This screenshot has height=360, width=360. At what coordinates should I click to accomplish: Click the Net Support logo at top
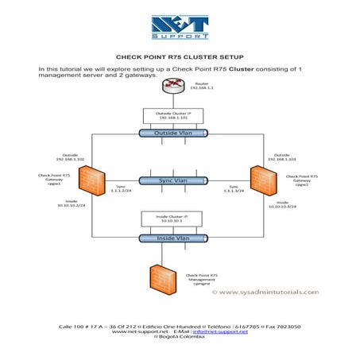pyautogui.click(x=180, y=27)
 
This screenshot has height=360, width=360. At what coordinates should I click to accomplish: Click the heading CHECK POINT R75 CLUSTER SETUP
pyautogui.click(x=180, y=57)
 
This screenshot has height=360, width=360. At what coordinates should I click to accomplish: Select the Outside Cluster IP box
pyautogui.click(x=179, y=115)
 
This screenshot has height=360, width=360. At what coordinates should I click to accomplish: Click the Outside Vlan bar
pyautogui.click(x=179, y=133)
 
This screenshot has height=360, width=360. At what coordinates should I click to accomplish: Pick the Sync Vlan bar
pyautogui.click(x=179, y=180)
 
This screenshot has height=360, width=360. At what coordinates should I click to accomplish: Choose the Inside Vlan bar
pyautogui.click(x=179, y=238)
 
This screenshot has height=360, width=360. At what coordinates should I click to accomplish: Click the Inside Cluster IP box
pyautogui.click(x=179, y=220)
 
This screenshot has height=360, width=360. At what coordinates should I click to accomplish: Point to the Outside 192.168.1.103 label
pyautogui.click(x=281, y=157)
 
